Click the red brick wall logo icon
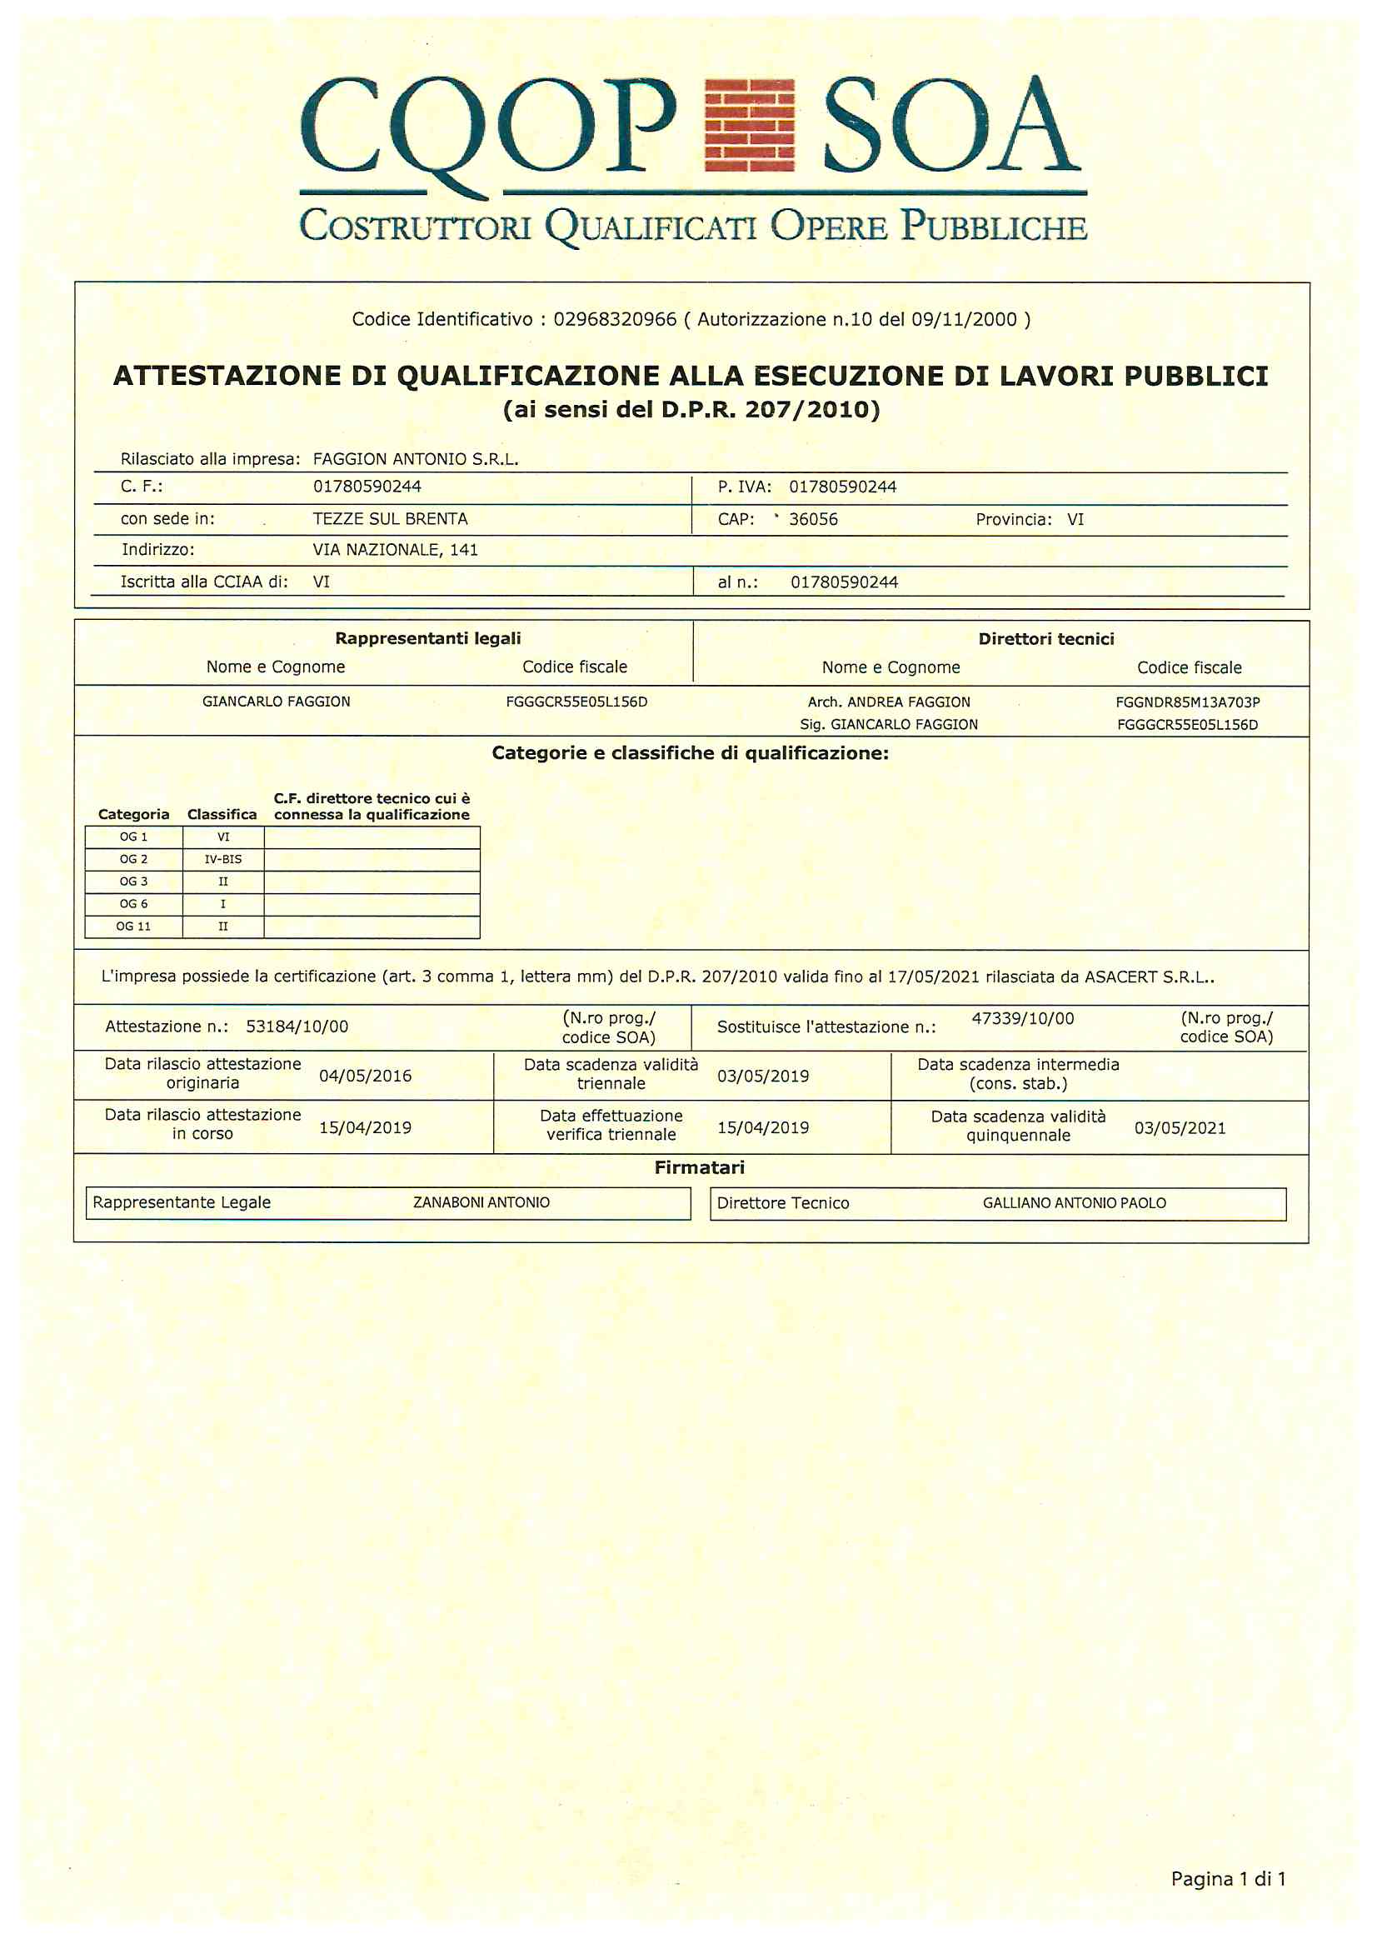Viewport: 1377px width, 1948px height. point(749,126)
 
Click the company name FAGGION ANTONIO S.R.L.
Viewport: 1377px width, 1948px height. point(415,459)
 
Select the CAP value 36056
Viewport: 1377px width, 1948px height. point(813,519)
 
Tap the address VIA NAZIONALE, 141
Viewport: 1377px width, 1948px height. point(396,550)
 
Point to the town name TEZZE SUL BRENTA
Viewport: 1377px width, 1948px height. point(391,518)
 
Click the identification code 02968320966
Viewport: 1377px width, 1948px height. point(615,319)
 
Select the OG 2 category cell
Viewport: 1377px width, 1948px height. point(133,859)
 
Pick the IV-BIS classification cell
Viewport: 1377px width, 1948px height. point(223,859)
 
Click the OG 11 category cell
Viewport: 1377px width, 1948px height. point(133,926)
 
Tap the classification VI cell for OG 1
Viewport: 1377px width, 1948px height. point(223,837)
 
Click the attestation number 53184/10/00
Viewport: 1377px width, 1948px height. point(297,1026)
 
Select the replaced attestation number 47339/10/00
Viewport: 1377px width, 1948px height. point(1022,1018)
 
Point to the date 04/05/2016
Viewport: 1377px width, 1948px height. point(365,1076)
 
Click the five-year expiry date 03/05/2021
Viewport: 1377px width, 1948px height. point(1180,1127)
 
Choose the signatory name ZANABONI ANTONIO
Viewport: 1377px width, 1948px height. point(481,1202)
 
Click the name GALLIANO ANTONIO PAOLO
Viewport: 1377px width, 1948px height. point(1074,1203)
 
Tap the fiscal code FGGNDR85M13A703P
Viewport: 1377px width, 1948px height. point(1187,702)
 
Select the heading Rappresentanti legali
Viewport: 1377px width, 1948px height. point(427,638)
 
